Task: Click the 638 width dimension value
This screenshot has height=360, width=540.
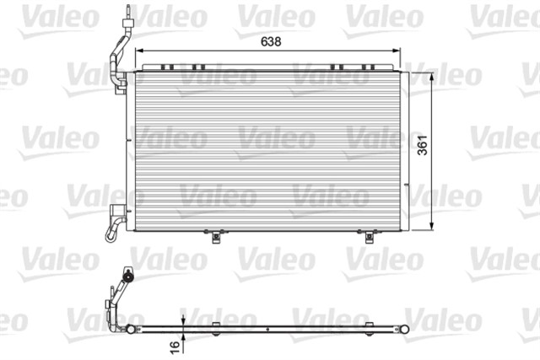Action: click(270, 40)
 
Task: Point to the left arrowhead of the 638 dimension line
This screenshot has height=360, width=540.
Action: click(140, 51)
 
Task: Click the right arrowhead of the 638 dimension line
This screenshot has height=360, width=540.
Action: click(400, 51)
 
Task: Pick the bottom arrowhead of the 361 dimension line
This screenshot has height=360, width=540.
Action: click(433, 225)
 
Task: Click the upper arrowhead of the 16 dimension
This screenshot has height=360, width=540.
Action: click(183, 320)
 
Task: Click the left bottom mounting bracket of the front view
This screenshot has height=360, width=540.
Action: click(216, 235)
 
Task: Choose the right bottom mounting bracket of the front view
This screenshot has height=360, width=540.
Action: click(368, 235)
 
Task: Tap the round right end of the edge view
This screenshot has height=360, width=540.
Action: click(406, 327)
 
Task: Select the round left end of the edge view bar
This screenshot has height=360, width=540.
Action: click(130, 327)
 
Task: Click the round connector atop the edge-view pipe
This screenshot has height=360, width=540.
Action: click(127, 276)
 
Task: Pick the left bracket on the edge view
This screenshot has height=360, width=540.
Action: click(215, 325)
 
